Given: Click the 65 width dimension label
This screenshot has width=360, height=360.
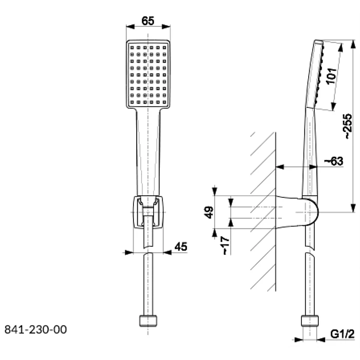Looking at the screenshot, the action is [x=148, y=21].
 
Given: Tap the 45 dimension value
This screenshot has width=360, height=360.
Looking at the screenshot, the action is [x=181, y=247].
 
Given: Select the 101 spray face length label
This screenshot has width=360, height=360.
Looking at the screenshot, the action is [x=331, y=76].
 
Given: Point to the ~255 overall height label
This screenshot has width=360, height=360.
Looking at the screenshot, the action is [x=347, y=126].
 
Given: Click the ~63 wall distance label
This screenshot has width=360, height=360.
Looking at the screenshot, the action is [x=334, y=161].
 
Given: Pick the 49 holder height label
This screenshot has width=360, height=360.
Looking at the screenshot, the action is [x=209, y=212].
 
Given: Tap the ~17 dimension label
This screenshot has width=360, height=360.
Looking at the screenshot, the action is [x=226, y=246].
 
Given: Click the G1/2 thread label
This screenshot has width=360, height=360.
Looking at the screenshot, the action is [x=342, y=334].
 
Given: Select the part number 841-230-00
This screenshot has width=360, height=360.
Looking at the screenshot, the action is [x=36, y=329].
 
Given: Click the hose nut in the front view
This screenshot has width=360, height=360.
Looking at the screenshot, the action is [x=148, y=321].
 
